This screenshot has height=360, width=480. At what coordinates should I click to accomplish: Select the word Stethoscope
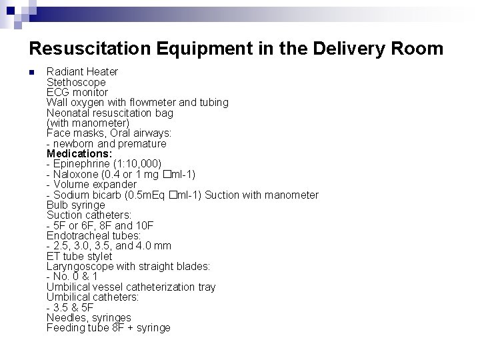[x=76, y=82]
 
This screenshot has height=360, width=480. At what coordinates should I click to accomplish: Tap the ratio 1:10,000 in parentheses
[x=138, y=164]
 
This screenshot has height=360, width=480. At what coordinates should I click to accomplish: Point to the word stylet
[x=98, y=256]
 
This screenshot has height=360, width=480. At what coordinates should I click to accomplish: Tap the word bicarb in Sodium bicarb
[x=106, y=195]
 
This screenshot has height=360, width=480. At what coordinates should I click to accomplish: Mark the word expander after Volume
[x=114, y=184]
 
